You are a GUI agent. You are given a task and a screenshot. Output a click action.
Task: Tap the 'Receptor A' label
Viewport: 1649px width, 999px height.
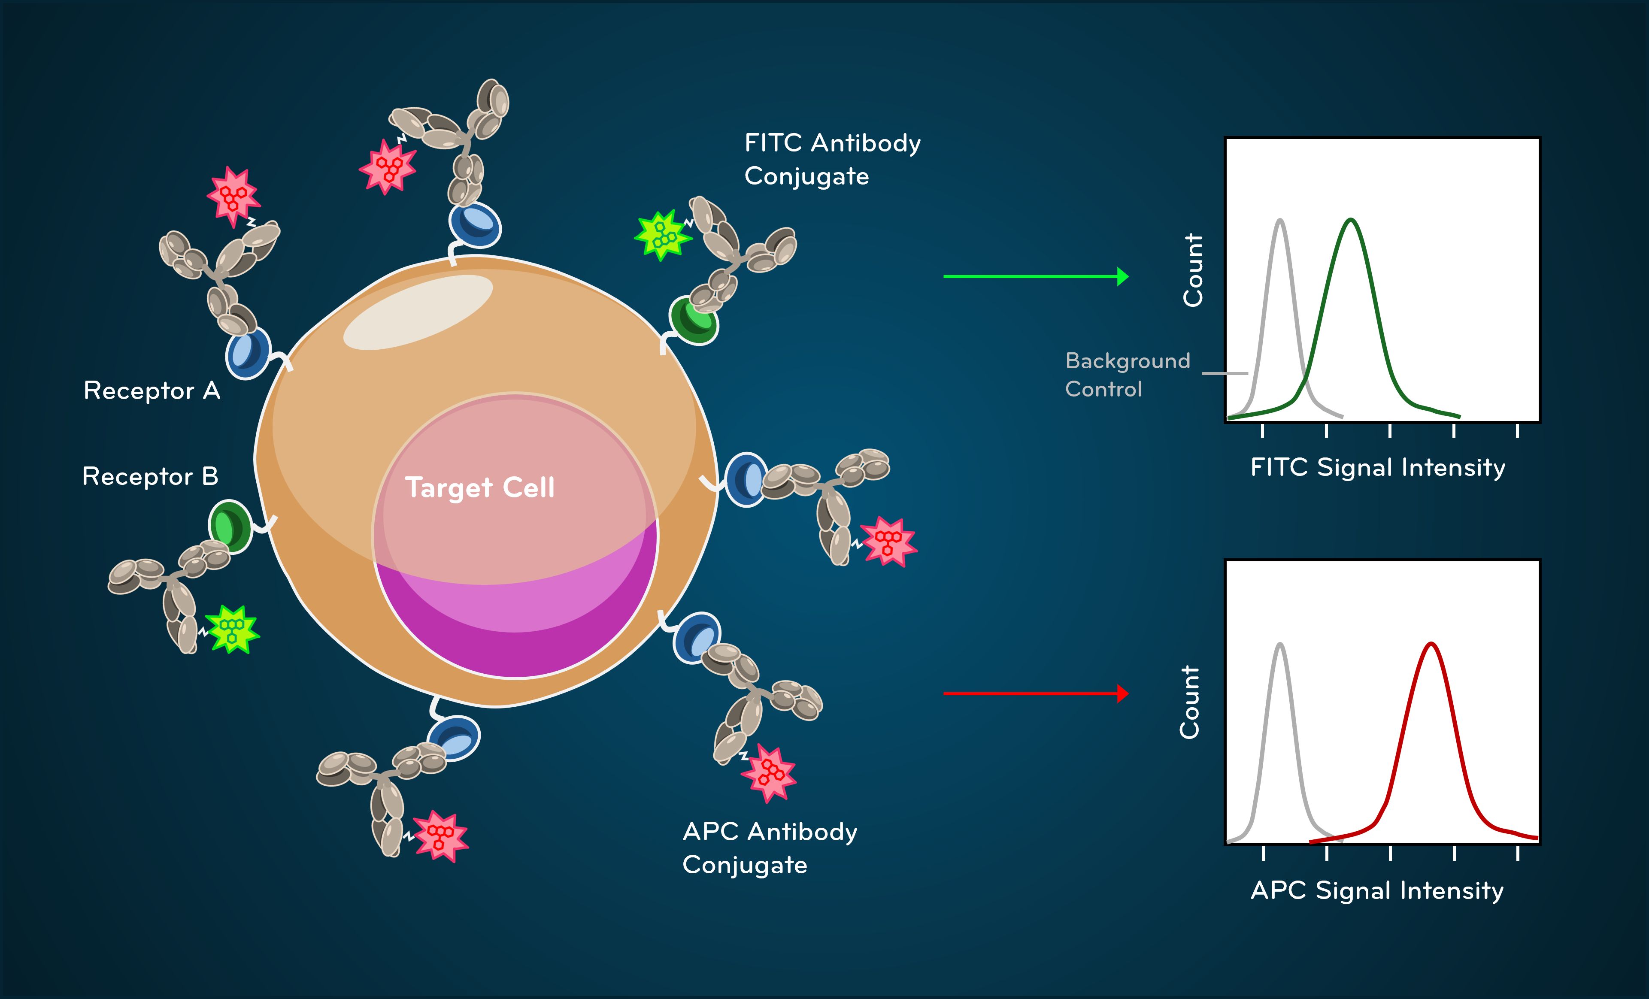[x=152, y=391]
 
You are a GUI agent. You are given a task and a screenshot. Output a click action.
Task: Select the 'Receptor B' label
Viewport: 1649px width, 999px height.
[x=150, y=476]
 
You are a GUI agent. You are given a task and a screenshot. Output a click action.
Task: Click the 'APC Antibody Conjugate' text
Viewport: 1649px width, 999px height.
[x=769, y=848]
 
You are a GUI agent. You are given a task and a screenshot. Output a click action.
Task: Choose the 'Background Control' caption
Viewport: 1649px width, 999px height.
[x=1127, y=375]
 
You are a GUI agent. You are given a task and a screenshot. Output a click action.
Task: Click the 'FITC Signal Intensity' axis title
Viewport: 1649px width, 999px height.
[x=1377, y=467]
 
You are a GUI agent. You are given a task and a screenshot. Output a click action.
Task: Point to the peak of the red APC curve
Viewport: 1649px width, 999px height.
[x=1431, y=645]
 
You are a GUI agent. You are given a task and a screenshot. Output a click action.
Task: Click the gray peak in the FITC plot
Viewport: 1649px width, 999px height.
[x=1279, y=221]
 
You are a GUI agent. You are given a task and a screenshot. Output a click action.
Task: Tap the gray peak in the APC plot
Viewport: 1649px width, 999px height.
[x=1279, y=645]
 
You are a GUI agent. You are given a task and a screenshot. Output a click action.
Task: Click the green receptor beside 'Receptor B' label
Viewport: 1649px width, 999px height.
[x=230, y=527]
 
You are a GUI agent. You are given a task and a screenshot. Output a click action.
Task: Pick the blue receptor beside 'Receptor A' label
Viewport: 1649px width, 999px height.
[x=248, y=353]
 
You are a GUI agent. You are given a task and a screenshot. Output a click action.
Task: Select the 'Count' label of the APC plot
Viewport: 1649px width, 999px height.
[x=1189, y=702]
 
